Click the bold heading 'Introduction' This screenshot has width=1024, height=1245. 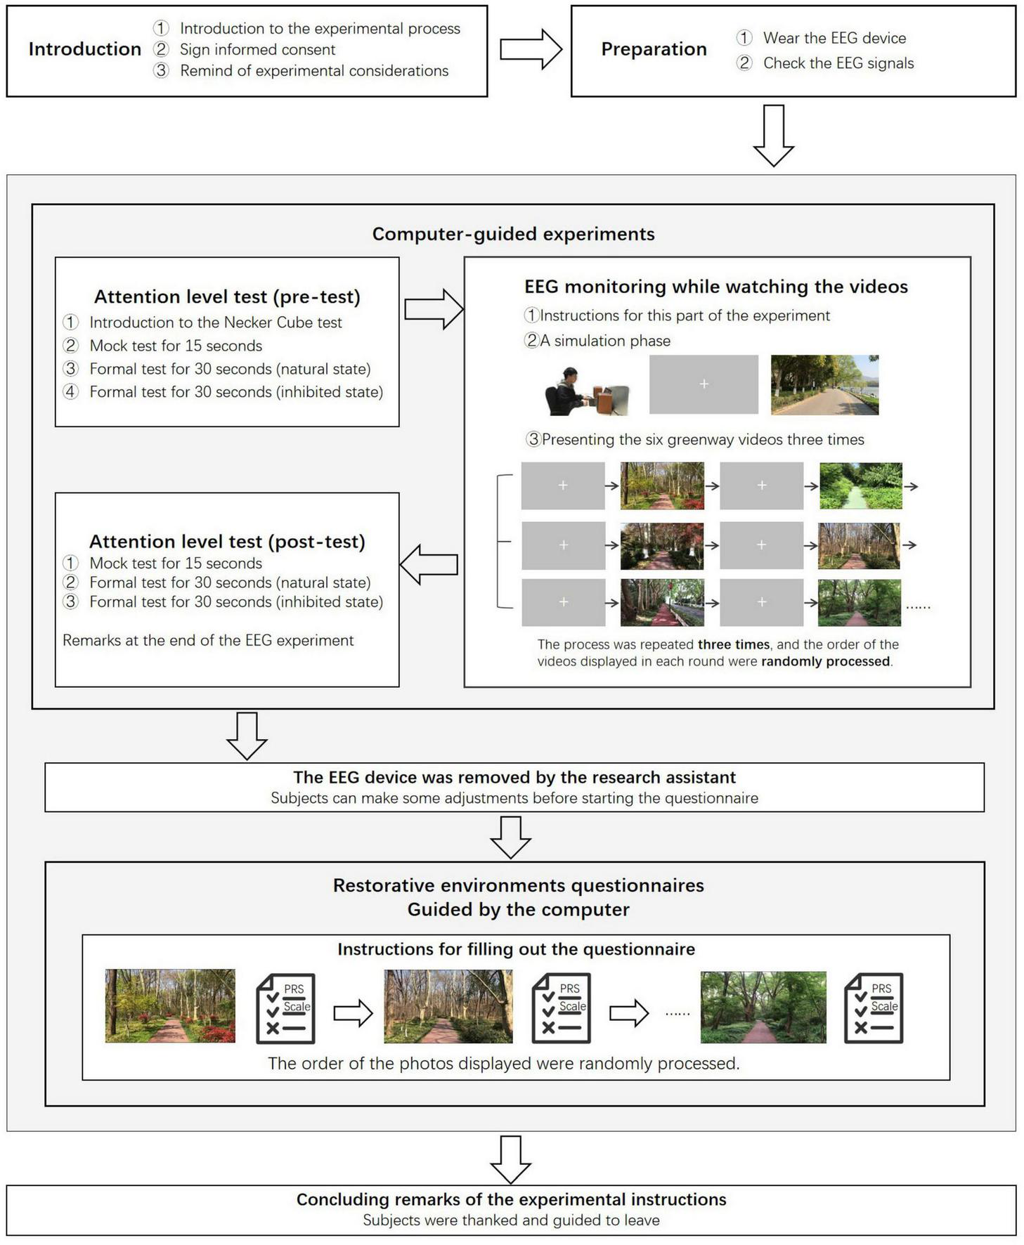click(x=84, y=49)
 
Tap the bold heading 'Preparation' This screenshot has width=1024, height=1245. click(x=654, y=49)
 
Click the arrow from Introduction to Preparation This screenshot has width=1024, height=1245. click(x=530, y=49)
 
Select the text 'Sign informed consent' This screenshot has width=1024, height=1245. click(x=257, y=50)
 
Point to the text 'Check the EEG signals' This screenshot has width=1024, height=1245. click(x=838, y=63)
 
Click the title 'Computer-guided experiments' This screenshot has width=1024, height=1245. click(x=513, y=234)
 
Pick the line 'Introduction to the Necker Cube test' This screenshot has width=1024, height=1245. click(x=215, y=322)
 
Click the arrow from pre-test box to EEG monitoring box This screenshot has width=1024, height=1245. click(x=433, y=309)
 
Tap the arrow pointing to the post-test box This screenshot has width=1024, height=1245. click(x=429, y=564)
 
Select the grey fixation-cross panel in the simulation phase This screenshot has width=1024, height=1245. click(x=704, y=384)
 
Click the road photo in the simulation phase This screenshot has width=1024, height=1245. click(x=824, y=384)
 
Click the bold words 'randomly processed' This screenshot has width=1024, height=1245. click(x=825, y=661)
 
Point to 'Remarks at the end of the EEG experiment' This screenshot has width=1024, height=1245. click(x=208, y=640)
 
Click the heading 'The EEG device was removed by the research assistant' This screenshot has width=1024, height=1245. click(x=514, y=777)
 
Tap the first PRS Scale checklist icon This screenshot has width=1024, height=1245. click(x=285, y=1008)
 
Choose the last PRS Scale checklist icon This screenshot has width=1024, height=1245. click(x=874, y=1008)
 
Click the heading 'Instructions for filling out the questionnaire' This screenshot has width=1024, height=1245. click(x=516, y=949)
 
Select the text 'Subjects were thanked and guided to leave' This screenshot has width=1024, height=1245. click(x=511, y=1220)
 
